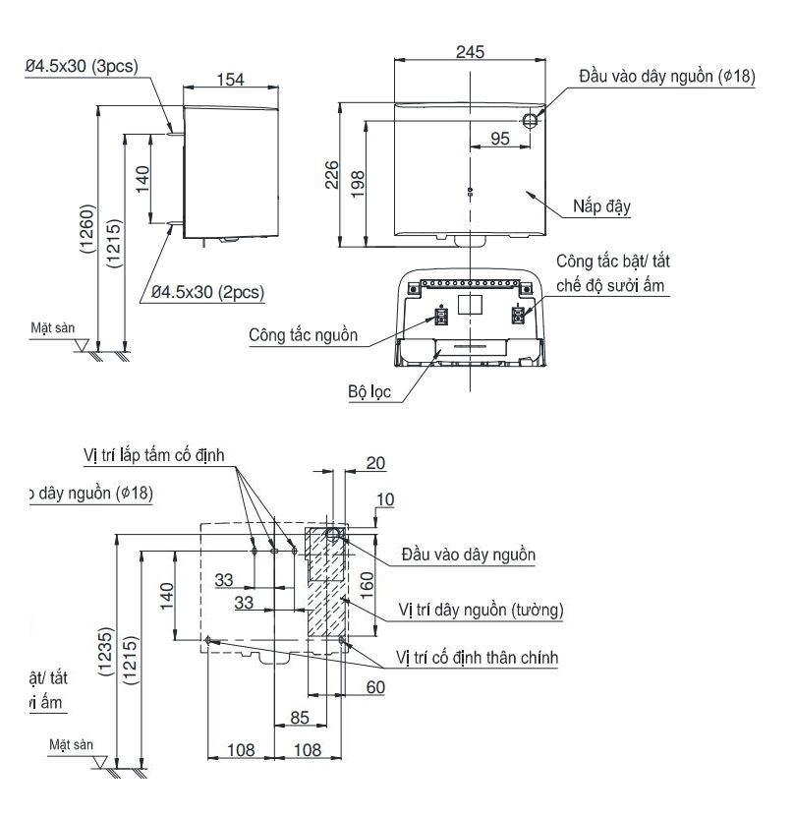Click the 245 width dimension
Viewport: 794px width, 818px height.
(x=470, y=53)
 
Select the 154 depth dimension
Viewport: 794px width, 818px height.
(x=230, y=80)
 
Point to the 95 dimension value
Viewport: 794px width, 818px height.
(x=499, y=139)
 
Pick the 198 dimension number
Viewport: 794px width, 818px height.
(x=358, y=182)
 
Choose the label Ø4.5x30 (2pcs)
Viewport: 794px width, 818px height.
(x=207, y=292)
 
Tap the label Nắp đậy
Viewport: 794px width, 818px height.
(x=601, y=207)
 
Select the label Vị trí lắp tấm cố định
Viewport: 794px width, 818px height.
(x=154, y=455)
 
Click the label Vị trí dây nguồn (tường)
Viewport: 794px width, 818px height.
(x=481, y=610)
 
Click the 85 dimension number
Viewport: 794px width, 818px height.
(x=303, y=718)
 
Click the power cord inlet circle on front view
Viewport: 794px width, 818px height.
(x=531, y=120)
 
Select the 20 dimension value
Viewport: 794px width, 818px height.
(x=375, y=462)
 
